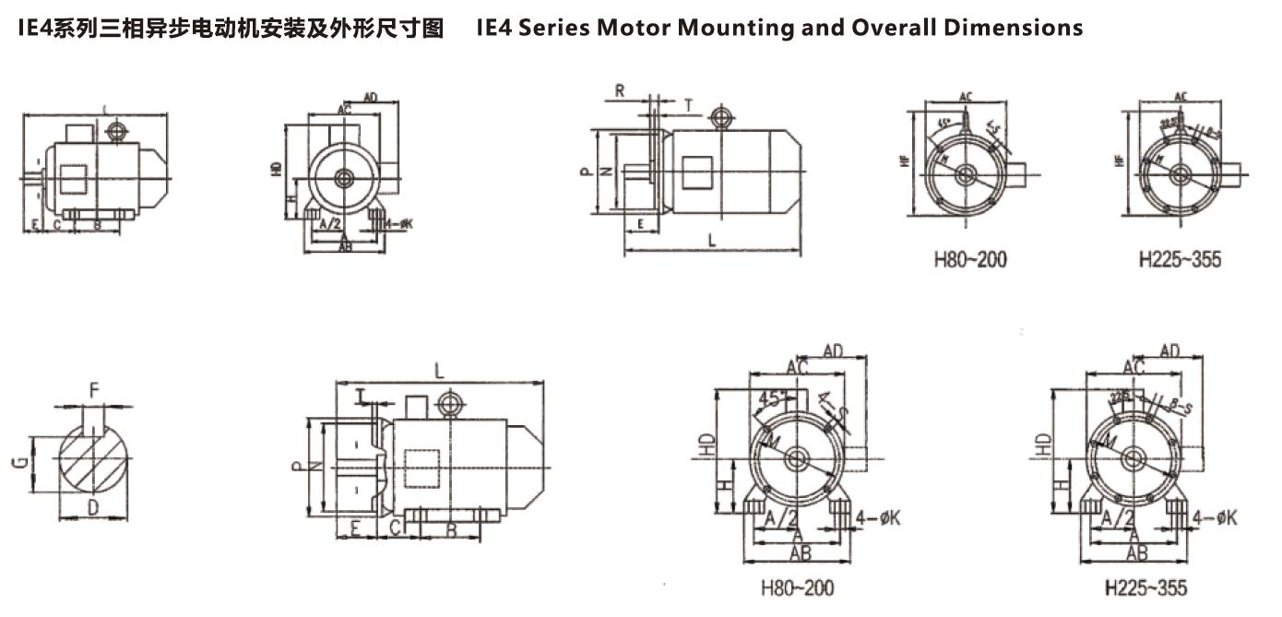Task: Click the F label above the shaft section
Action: pyautogui.click(x=93, y=391)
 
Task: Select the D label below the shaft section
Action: pyautogui.click(x=92, y=508)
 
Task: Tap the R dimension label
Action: pyautogui.click(x=620, y=91)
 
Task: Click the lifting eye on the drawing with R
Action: pyautogui.click(x=719, y=117)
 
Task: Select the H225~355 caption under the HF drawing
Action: pyautogui.click(x=1180, y=259)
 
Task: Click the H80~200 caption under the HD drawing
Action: pyautogui.click(x=797, y=587)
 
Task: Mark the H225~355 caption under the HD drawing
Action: pyautogui.click(x=1145, y=587)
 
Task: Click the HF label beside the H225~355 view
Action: pyautogui.click(x=1119, y=160)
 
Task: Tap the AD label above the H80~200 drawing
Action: pyautogui.click(x=833, y=350)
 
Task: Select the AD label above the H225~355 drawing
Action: pyautogui.click(x=1170, y=350)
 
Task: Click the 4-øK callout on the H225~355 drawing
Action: pyautogui.click(x=1215, y=518)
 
